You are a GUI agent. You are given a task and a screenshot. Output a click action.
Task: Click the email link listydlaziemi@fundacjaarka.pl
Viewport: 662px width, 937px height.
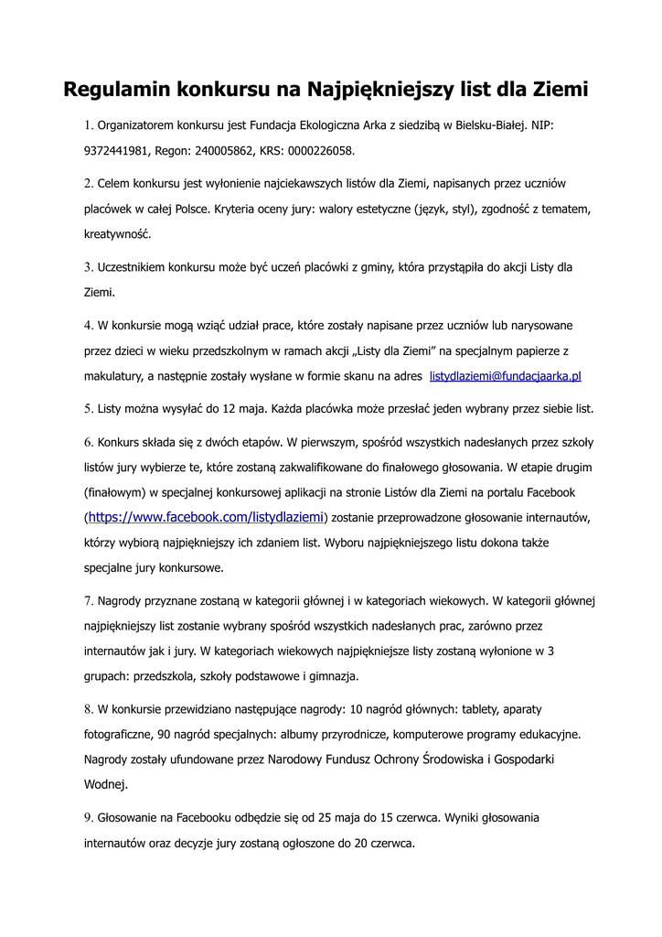tap(506, 376)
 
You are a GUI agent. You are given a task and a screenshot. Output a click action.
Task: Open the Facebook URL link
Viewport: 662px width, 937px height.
tap(206, 517)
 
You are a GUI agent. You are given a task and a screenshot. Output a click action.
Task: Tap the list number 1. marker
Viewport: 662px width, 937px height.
tap(89, 125)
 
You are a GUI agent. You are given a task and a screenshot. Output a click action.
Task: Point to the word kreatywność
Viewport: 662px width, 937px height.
tap(117, 234)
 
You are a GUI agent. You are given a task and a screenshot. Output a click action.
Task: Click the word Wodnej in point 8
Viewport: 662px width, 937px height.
tap(104, 784)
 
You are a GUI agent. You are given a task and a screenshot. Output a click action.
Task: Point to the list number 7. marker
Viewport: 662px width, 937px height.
tap(89, 602)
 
